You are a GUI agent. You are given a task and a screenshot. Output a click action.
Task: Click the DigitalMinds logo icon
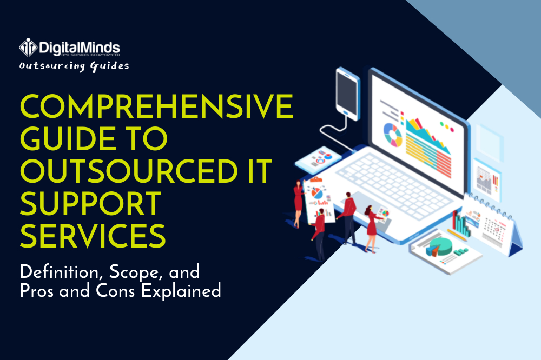point(28,48)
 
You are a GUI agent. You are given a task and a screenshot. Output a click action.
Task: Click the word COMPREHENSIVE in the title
point(157,108)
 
